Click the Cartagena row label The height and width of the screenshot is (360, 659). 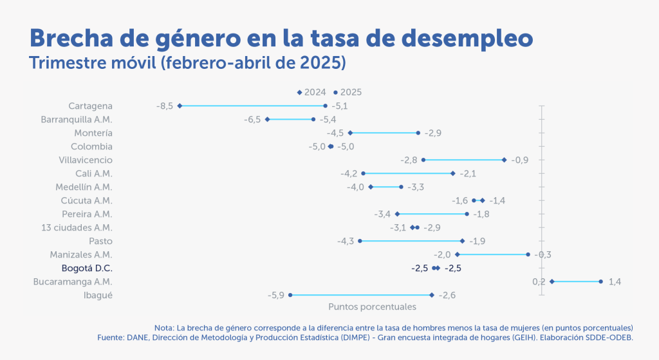pos(90,106)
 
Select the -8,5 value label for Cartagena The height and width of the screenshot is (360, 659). pos(165,106)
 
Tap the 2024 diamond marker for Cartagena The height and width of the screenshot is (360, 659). pos(180,106)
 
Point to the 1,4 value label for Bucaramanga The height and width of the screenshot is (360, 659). pos(615,281)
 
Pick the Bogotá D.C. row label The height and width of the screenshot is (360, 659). pos(87,268)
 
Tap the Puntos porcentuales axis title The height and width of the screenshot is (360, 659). pos(372,307)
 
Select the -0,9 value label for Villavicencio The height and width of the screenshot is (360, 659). pos(519,160)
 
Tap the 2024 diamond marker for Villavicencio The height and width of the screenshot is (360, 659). pos(504,160)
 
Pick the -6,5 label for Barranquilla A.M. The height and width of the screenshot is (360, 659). pos(252,119)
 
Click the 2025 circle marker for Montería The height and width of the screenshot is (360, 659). pos(418,133)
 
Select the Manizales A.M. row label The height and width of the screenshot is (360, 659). pos(80,254)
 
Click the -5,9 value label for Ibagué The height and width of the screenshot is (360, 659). pos(276,295)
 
